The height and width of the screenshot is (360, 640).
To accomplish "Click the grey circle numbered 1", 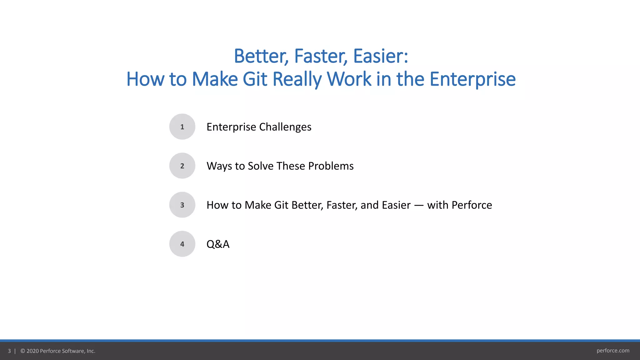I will (182, 127).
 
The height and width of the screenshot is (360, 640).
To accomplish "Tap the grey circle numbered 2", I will (182, 166).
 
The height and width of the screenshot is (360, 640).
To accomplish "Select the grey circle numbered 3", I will (182, 205).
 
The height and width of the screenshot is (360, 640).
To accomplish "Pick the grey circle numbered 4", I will (182, 244).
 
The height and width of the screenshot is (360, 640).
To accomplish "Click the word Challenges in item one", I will (285, 127).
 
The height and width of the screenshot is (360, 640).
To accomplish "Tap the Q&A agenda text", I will (218, 244).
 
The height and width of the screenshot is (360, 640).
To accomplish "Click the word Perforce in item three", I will (472, 205).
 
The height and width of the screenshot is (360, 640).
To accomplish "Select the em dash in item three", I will (419, 205).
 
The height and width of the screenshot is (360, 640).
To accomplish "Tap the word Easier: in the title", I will (381, 56).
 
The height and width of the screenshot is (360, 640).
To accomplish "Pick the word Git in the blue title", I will (255, 79).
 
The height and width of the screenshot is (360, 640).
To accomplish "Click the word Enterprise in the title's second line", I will (472, 79).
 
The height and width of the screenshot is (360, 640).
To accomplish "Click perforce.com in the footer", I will (613, 351).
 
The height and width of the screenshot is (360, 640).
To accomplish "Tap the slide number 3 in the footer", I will (9, 351).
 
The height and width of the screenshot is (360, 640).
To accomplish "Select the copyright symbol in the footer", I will (23, 351).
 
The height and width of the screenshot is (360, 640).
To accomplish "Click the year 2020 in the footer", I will (32, 351).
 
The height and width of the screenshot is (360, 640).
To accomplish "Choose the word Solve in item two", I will (260, 166).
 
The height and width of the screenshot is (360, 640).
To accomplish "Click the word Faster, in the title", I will (321, 56).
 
